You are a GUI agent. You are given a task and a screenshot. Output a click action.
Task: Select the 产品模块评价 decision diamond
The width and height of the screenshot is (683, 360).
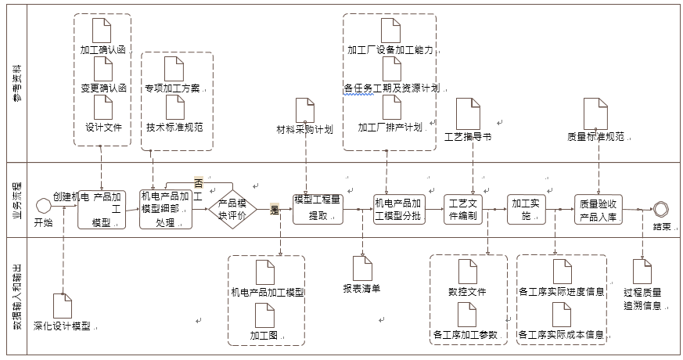[232, 208]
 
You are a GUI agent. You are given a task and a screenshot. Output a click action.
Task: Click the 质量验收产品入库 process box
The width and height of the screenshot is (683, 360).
[600, 209]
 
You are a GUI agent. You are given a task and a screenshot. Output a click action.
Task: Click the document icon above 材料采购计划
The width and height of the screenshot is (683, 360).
[305, 110]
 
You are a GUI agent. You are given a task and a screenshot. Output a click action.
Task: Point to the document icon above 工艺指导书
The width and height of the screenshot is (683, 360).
[468, 113]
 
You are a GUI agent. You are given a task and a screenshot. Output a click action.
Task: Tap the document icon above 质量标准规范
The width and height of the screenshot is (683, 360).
[595, 113]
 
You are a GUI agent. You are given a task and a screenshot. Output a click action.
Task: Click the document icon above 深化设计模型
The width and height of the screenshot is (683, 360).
[62, 306]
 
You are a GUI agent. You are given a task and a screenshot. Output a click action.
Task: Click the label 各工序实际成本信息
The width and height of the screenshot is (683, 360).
[562, 335]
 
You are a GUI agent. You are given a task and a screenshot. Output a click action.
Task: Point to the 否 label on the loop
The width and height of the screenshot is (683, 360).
[198, 182]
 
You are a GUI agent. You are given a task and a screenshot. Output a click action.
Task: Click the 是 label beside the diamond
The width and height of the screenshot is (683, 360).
[275, 209]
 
